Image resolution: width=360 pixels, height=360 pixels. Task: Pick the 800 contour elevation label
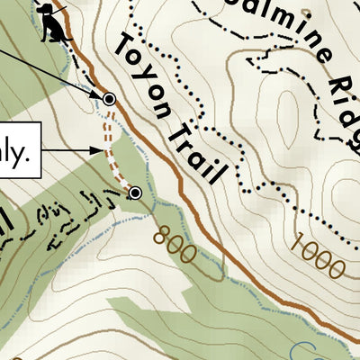tap(174, 244)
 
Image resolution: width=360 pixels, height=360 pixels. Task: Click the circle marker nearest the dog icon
tap(109, 99)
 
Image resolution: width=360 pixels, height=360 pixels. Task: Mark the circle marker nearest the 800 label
tap(135, 193)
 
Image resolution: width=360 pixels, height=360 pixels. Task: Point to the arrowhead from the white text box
tap(97, 151)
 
